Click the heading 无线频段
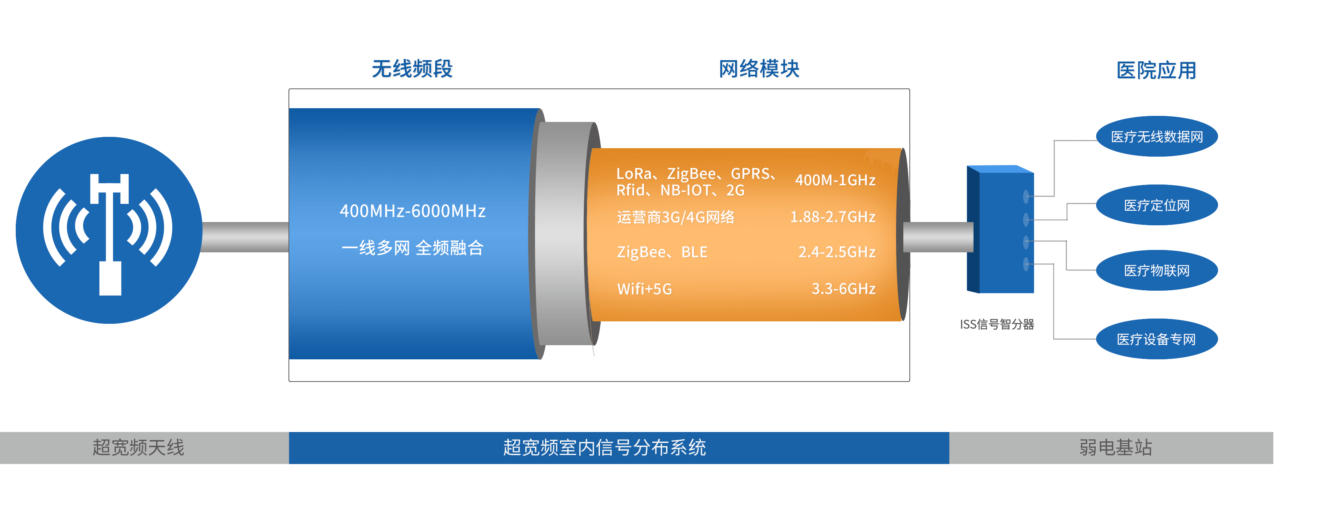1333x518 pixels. tap(412, 69)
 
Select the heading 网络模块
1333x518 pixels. tap(759, 69)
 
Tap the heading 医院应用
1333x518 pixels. tap(1157, 70)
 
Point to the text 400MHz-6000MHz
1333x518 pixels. tap(412, 211)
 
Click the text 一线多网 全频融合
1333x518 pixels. tap(412, 247)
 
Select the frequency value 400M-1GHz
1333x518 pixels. tap(835, 180)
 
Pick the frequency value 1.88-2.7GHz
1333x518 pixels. tap(833, 217)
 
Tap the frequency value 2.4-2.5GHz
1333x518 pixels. tap(837, 252)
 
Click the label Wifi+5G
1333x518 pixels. tap(644, 289)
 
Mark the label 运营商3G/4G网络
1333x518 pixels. tap(675, 217)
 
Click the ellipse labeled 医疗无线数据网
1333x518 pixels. tap(1157, 137)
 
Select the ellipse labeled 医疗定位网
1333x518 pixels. tap(1157, 206)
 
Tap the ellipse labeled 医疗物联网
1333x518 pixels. tap(1157, 271)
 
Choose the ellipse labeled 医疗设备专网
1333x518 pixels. tap(1157, 339)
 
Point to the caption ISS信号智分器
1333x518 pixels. tap(997, 324)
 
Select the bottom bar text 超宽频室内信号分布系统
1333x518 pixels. tap(604, 448)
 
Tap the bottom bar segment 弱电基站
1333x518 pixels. tap(1115, 448)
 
